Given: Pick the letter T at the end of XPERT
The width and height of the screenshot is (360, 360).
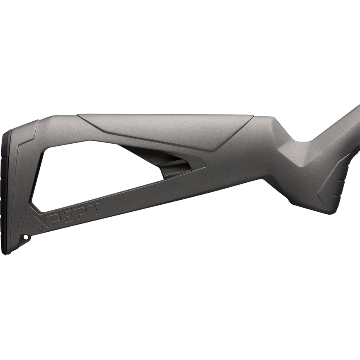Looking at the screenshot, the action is click(93, 209).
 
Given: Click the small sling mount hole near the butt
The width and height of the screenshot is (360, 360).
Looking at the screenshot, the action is click(25, 237).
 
